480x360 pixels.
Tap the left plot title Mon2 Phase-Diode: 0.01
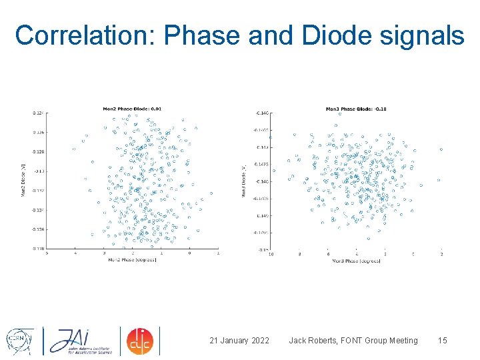[x=131, y=109]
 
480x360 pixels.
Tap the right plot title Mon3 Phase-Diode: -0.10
[x=355, y=109]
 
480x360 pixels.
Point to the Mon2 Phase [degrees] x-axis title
[x=132, y=259]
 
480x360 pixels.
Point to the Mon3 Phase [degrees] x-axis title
[x=356, y=261]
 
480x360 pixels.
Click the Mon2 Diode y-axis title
[x=24, y=180]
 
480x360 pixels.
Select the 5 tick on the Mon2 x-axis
[x=46, y=253]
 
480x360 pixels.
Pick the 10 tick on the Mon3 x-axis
[x=271, y=254]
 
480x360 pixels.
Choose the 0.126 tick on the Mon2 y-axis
[x=39, y=132]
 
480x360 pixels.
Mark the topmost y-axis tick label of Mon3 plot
[x=262, y=113]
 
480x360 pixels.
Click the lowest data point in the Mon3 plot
[x=368, y=238]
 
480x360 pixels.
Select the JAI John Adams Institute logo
[x=79, y=340]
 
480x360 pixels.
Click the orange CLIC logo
[x=140, y=340]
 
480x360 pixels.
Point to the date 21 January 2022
[x=239, y=341]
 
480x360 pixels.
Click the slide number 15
[x=442, y=341]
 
